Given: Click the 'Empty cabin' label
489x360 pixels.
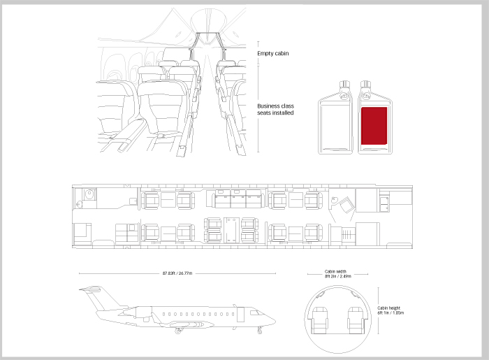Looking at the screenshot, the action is tap(273, 53).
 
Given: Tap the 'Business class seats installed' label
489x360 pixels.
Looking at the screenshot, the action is tap(275, 109).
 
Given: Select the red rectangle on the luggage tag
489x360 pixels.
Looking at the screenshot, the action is tap(374, 126).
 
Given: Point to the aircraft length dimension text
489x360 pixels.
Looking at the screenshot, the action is tap(177, 273).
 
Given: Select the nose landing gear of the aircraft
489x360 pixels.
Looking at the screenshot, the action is tap(259, 329).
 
